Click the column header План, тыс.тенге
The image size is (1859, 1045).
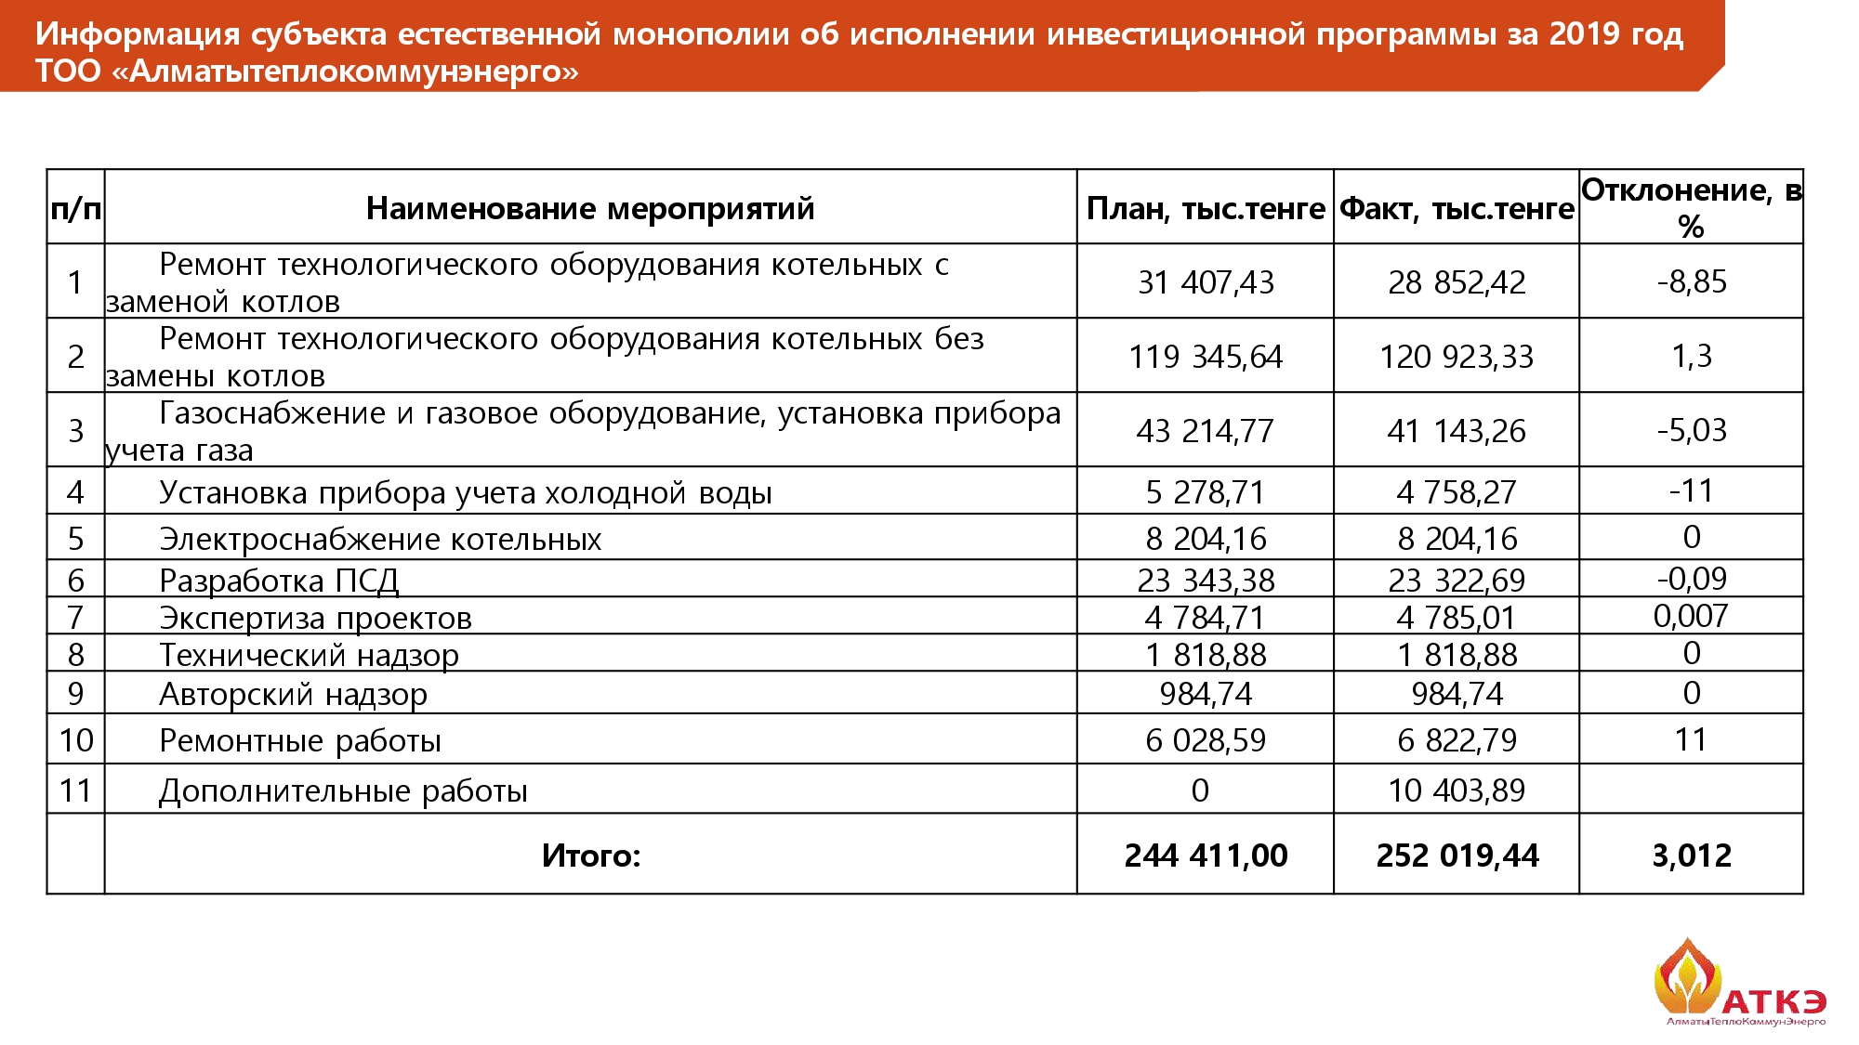pos(1205,208)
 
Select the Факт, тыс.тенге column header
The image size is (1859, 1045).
pos(1457,208)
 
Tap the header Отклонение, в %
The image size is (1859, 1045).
pos(1691,207)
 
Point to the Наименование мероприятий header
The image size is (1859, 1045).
pos(590,208)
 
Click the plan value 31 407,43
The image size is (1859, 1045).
pos(1206,282)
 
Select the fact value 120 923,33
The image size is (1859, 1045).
pos(1457,357)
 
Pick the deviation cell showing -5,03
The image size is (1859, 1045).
pos(1691,430)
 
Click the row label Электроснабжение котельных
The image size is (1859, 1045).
pos(380,539)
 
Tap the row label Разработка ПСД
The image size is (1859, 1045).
pos(279,581)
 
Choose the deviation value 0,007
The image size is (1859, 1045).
pos(1690,616)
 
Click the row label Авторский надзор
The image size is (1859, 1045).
pos(293,694)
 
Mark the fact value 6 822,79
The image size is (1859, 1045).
pos(1457,740)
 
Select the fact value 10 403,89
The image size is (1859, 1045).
pos(1457,790)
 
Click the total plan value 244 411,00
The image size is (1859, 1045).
pos(1206,856)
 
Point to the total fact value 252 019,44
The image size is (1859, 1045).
pos(1457,856)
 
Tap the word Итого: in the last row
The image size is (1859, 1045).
pos(591,856)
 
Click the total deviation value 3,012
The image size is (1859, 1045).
pos(1691,856)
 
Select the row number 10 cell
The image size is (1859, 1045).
pos(76,740)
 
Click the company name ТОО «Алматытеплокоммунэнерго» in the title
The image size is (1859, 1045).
pos(307,72)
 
